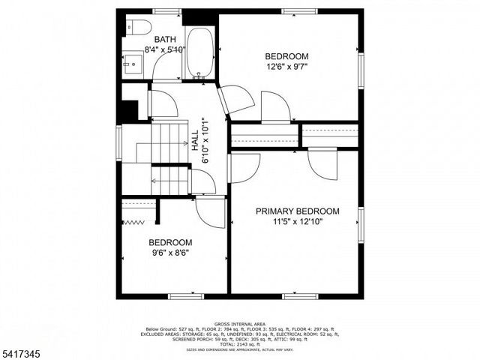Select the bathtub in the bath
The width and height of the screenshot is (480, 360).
[x=199, y=52]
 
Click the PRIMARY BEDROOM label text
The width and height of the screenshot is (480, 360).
[x=297, y=211]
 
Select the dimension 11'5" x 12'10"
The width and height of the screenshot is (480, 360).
[x=297, y=222]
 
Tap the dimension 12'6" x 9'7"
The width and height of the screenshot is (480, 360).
[x=286, y=67]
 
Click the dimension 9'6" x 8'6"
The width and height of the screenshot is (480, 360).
[x=170, y=253]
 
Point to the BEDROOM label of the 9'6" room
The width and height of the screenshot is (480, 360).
[x=170, y=243]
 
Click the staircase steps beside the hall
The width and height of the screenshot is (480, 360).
[x=169, y=142]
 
